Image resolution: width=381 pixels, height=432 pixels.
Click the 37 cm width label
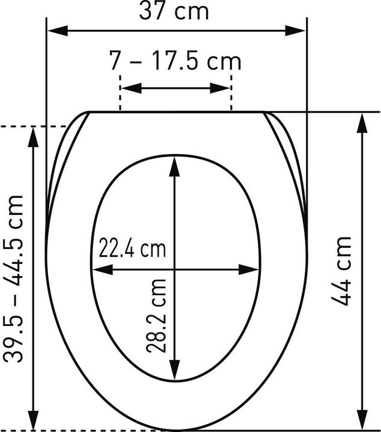point(174,11)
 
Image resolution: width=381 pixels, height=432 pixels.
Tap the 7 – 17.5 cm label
point(175,61)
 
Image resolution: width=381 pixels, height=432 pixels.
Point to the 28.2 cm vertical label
point(156,316)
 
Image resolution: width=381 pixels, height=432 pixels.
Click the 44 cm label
point(341,271)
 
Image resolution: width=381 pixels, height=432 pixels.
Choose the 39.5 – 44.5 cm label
point(13,278)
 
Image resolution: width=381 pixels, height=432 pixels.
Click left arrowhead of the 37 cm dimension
point(58,31)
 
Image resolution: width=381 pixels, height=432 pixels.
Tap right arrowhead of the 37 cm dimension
point(296,31)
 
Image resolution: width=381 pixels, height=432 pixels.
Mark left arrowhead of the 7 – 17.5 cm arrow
point(132,88)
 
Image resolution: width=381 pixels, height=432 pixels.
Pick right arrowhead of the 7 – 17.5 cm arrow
point(220,88)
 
